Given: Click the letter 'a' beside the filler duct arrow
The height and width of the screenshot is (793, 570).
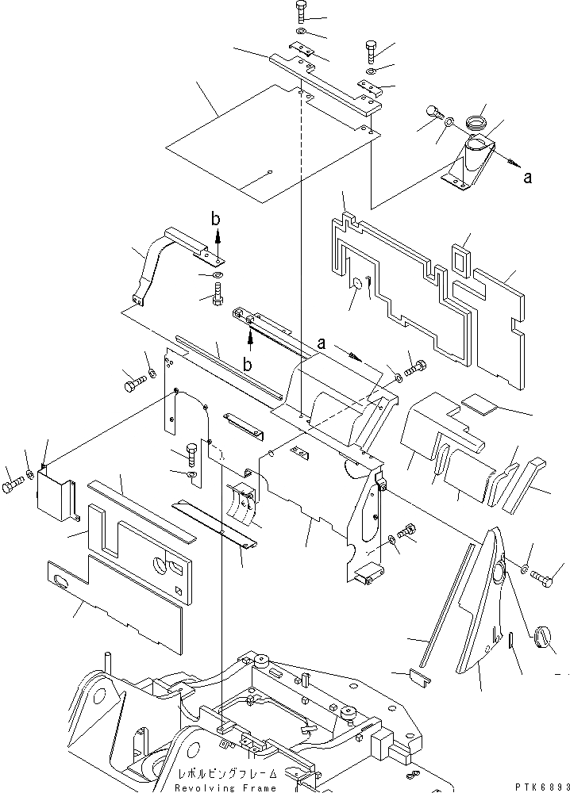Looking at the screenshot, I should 527,178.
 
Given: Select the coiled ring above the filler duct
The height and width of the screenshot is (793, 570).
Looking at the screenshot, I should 476,123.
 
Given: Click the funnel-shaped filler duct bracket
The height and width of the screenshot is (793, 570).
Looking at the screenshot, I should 468,163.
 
